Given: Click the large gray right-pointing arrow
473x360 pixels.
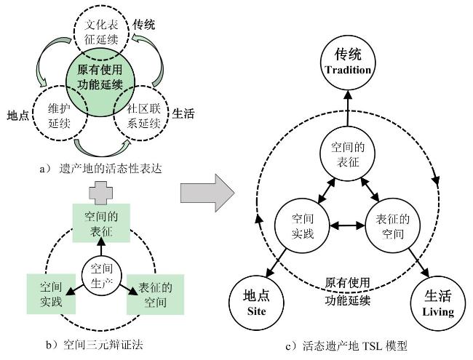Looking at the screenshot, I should tap(207, 194).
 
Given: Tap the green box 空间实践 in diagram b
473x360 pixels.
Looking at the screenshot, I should tap(46, 294).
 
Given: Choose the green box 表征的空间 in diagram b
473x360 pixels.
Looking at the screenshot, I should tap(152, 294).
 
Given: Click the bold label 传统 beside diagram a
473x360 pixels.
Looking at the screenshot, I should tap(144, 25).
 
